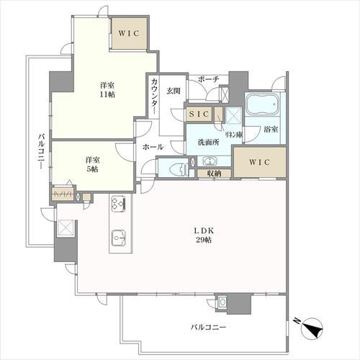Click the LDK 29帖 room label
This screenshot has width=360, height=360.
204,235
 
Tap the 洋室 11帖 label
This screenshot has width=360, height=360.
107,90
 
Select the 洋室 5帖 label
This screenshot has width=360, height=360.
92,164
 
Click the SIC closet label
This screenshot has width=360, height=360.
199,114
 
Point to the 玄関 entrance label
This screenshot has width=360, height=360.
174,91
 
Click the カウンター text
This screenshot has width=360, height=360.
155,96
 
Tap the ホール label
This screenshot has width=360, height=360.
153,147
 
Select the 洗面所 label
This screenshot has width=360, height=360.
208,143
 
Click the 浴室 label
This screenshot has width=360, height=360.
271,130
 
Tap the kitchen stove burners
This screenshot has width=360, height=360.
118,204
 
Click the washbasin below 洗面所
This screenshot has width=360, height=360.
210,161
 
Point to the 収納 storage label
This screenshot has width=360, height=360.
214,174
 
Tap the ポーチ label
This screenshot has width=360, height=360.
209,79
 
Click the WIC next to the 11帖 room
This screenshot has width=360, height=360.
129,33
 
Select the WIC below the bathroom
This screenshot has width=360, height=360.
260,162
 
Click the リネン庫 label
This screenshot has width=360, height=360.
233,135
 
